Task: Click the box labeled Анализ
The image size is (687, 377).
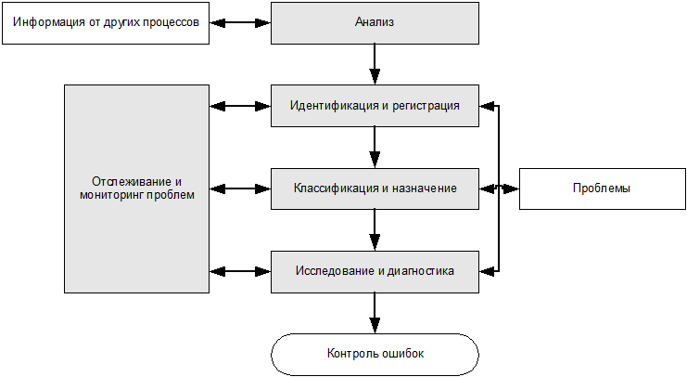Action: [x=375, y=22]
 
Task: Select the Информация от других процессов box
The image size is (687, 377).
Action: [x=107, y=22]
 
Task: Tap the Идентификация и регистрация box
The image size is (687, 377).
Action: [x=375, y=105]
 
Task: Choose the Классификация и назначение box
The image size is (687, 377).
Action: [x=375, y=188]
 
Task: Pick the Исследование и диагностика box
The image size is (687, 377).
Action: [x=375, y=271]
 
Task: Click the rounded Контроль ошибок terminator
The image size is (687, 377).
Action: [x=375, y=354]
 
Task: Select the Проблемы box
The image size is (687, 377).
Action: [x=602, y=188]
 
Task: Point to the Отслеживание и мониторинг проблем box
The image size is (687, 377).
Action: [x=137, y=188]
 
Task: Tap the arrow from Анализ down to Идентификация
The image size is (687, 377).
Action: [x=375, y=64]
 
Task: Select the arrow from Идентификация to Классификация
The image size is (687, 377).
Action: [x=375, y=147]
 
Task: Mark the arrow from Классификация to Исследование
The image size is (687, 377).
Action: [x=375, y=230]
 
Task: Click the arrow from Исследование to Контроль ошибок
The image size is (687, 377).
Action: [x=375, y=313]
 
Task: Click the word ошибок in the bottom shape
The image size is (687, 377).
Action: [x=403, y=354]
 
